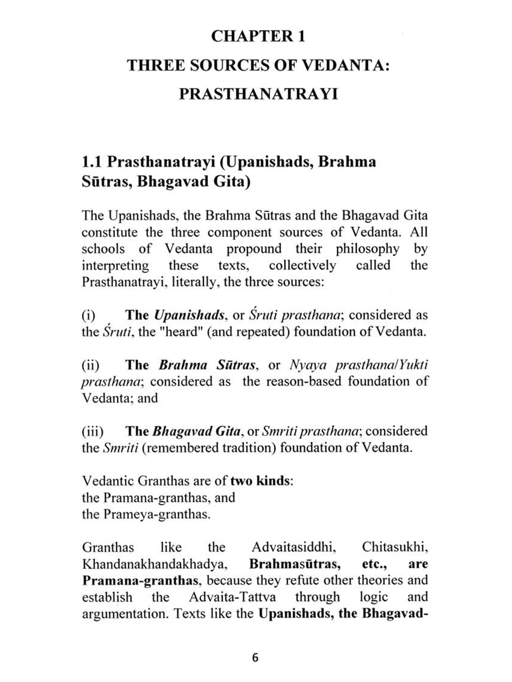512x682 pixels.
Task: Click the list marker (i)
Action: [88, 315]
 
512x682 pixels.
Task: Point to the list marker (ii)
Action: [90, 365]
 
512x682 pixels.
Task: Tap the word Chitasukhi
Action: [395, 548]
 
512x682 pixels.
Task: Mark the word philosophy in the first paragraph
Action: [367, 249]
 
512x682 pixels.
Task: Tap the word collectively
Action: [302, 266]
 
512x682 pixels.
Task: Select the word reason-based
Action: [303, 382]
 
